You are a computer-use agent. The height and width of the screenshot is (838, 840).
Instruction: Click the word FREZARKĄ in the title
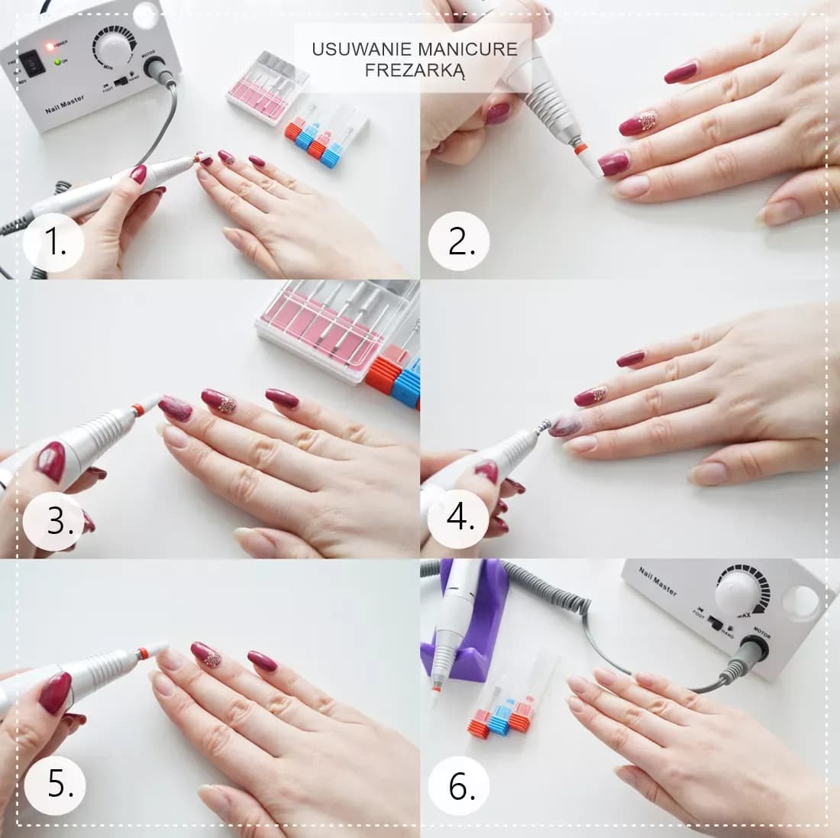click(x=415, y=70)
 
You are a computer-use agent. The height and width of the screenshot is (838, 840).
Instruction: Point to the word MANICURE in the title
click(x=468, y=50)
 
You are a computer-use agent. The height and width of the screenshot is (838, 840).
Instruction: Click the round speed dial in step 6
click(x=740, y=592)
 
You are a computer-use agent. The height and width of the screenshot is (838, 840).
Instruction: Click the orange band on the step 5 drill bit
click(x=141, y=653)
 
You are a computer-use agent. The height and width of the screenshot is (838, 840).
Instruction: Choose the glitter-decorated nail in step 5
click(x=205, y=655)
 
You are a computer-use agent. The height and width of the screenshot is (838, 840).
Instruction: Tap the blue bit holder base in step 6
click(x=499, y=721)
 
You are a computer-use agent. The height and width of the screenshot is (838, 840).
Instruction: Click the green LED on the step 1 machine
click(x=57, y=60)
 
